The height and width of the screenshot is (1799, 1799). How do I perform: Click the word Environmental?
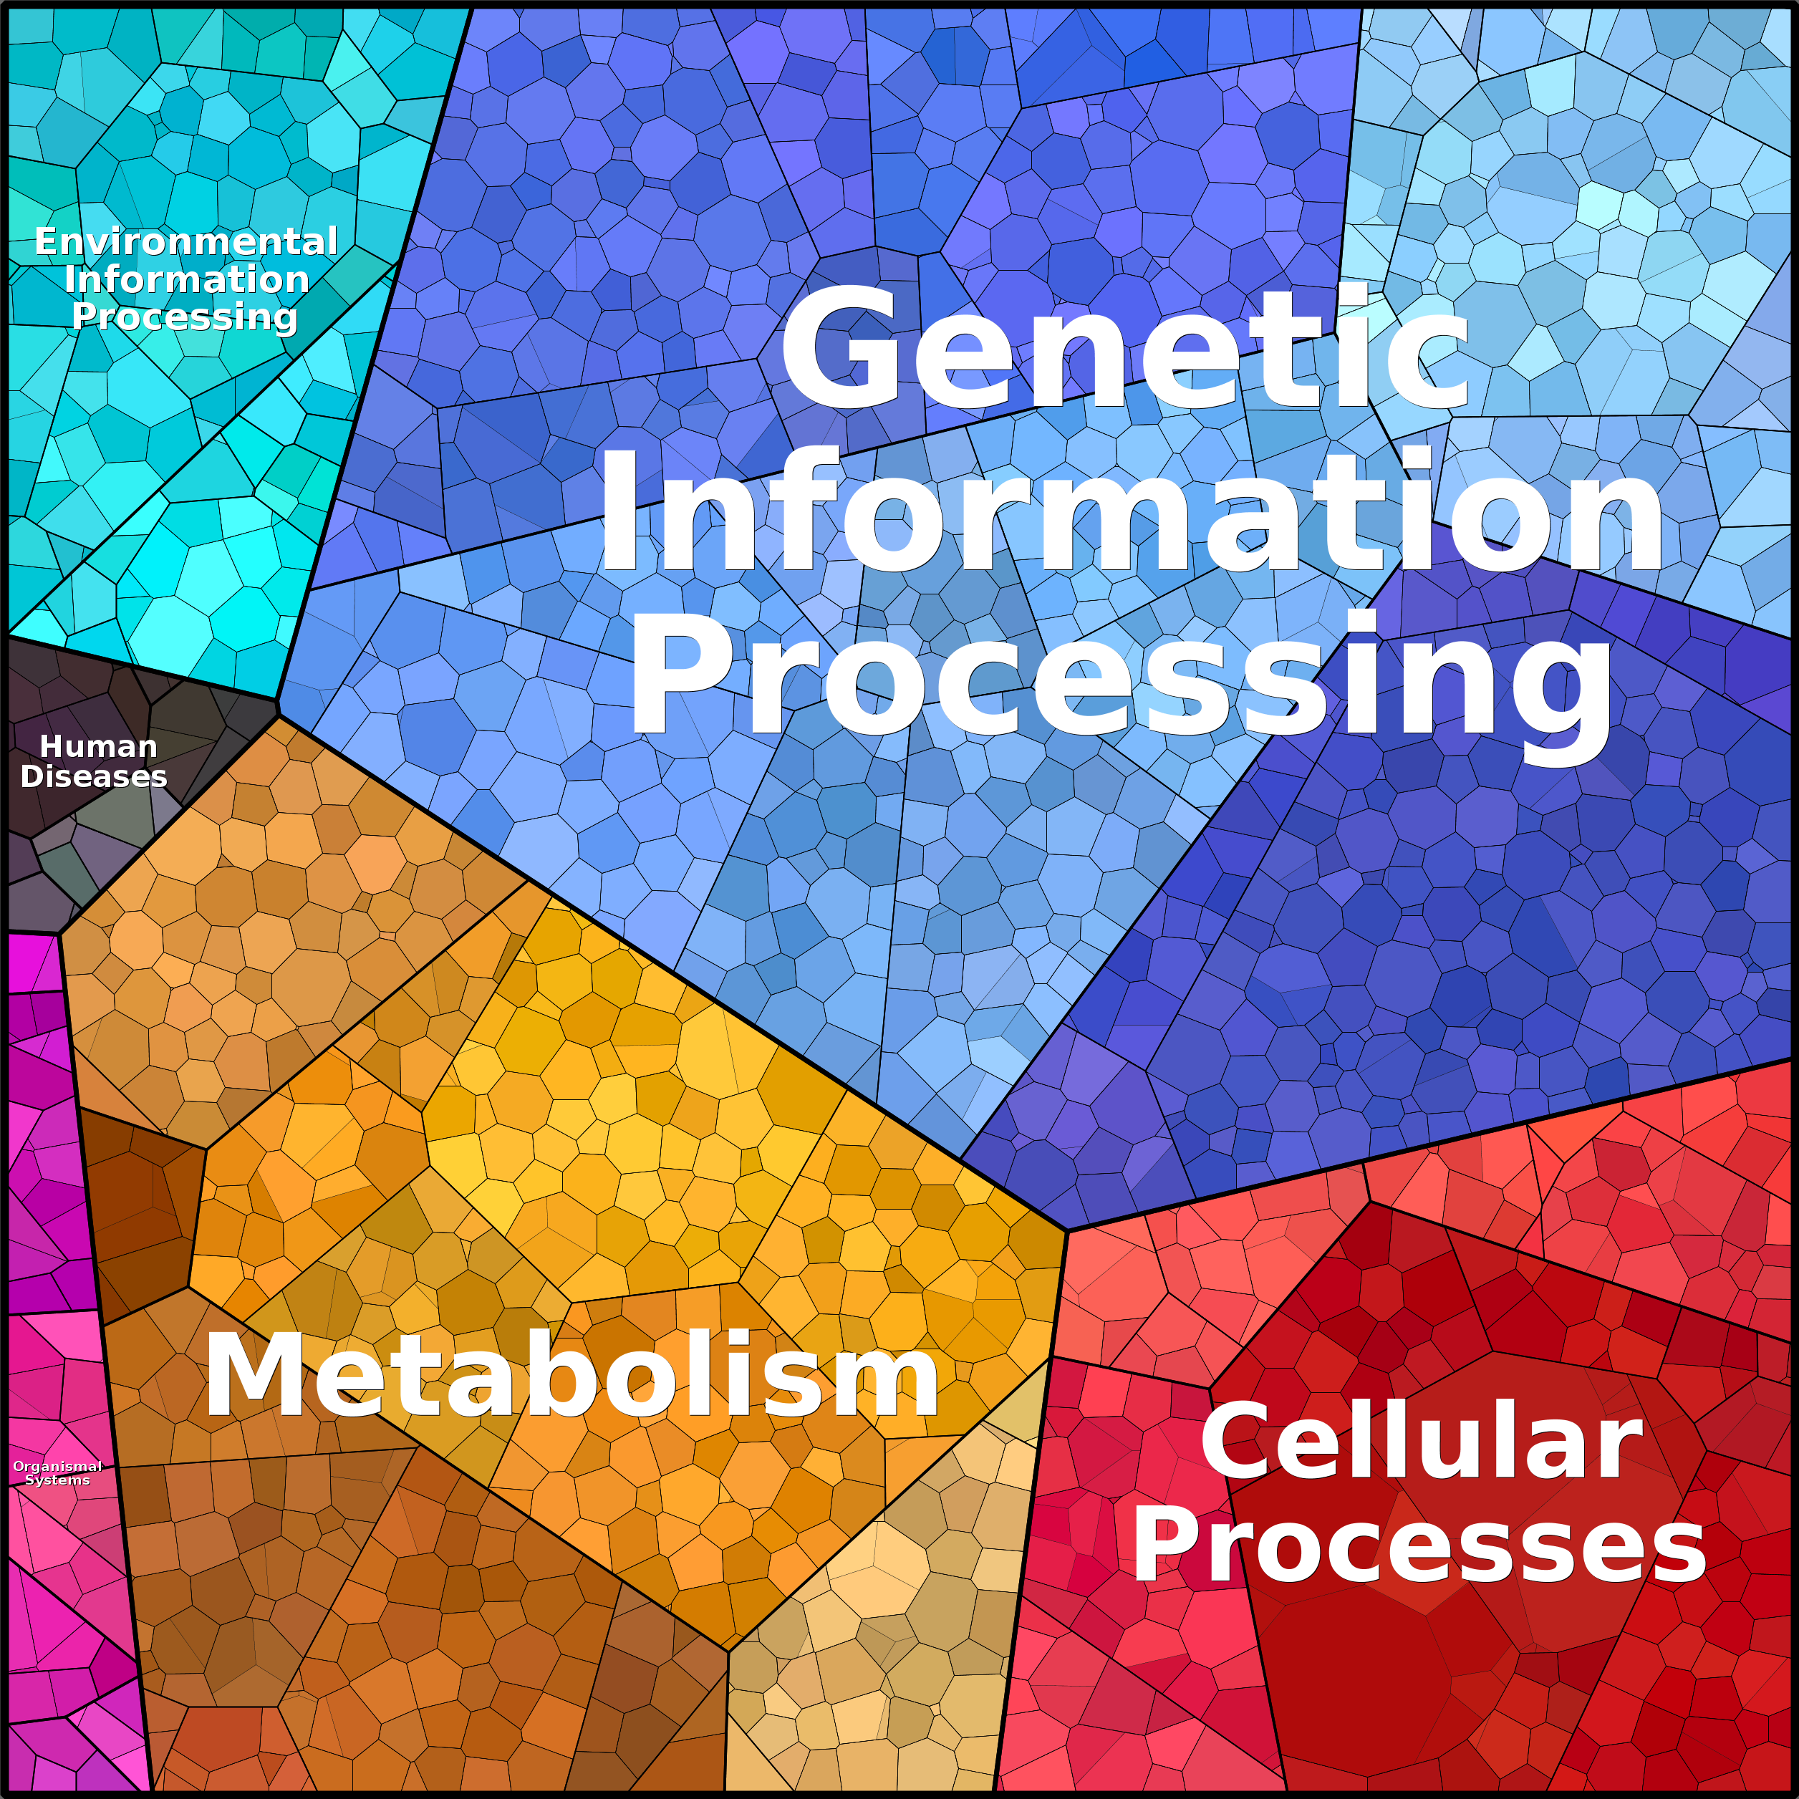coord(186,242)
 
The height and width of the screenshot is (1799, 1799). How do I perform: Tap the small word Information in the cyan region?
coord(186,279)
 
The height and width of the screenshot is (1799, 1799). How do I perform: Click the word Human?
coord(99,747)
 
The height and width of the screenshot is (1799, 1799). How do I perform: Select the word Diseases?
coord(94,776)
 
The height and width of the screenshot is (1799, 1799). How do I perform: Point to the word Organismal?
coord(58,1467)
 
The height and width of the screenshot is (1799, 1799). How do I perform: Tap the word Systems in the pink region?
coord(58,1480)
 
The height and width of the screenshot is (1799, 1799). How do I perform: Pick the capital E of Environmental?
coord(46,242)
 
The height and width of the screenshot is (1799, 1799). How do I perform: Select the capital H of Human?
coord(52,747)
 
